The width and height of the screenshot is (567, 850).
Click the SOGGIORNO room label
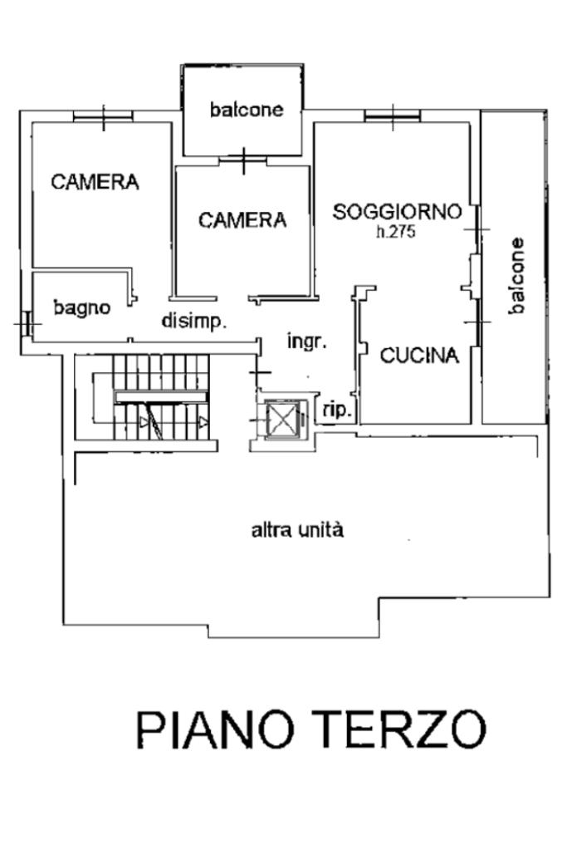pos(397,211)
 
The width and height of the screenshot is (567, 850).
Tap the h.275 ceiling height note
pos(396,232)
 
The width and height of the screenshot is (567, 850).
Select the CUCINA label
pos(419,356)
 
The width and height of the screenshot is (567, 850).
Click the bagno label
pos(82,308)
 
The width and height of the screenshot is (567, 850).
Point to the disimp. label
pos(194,321)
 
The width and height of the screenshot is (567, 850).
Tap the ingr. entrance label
pos(306,341)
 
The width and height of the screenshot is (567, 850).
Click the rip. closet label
pos(336,410)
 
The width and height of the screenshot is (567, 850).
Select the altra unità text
pos(297,529)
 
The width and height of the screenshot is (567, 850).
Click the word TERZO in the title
pos(400,730)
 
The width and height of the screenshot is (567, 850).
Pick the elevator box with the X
pos(281,418)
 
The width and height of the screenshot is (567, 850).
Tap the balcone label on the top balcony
pos(247,110)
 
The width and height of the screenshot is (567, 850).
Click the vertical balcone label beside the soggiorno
pos(516,275)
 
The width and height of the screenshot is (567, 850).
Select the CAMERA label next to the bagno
pos(95,182)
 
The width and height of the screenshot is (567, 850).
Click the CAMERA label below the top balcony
pos(242,220)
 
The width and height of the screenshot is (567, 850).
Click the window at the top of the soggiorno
pos(393,115)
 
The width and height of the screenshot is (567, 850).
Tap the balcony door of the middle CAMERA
pos(244,160)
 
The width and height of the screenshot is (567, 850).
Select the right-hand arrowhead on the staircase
pos(203,422)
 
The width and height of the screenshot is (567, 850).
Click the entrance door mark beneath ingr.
pos(260,372)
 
